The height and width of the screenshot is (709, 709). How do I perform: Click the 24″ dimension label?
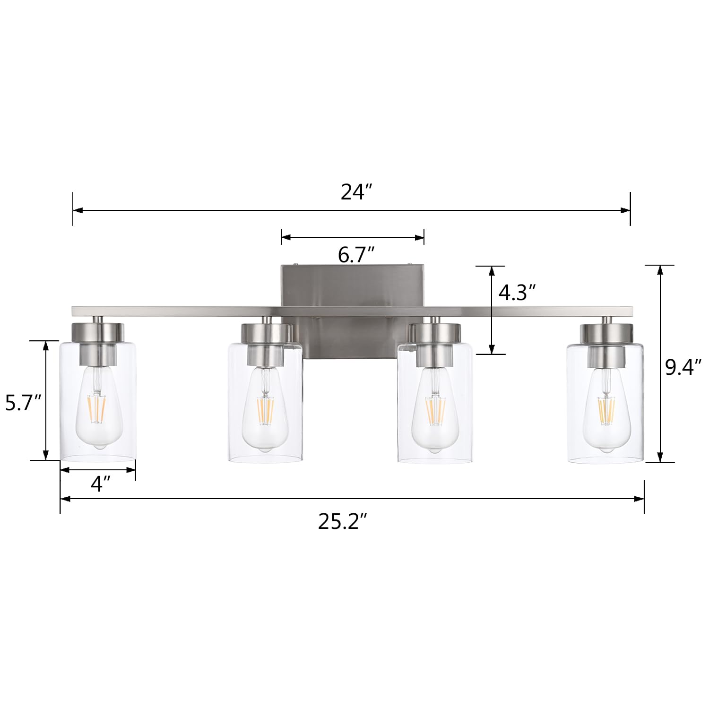pos(357,192)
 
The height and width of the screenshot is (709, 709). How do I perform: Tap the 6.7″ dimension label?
pos(356,255)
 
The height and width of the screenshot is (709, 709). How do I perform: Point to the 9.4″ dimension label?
pos(683,367)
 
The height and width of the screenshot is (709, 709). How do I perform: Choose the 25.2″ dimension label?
pos(342,522)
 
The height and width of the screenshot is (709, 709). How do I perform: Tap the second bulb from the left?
pos(265,411)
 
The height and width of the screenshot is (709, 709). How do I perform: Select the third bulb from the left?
pos(435,411)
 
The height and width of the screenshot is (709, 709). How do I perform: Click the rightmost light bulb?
pos(605,411)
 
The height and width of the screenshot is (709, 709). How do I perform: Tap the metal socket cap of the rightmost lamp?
pos(606,333)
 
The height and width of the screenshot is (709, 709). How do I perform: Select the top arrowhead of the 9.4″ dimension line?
pos(660,269)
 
